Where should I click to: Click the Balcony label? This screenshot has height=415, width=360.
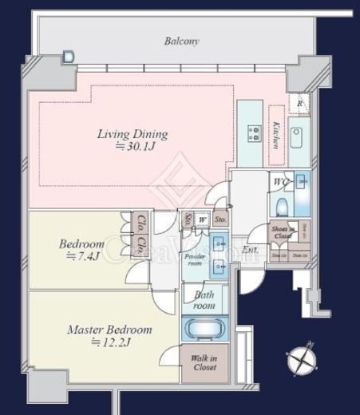pyautogui.click(x=181, y=41)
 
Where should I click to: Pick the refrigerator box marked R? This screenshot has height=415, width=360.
pyautogui.click(x=299, y=104)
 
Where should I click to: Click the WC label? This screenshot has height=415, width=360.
pyautogui.click(x=279, y=182)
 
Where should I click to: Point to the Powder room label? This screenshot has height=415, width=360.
pyautogui.click(x=196, y=260)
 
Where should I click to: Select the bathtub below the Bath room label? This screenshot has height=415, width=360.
pyautogui.click(x=204, y=329)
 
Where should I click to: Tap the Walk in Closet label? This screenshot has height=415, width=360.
pyautogui.click(x=204, y=363)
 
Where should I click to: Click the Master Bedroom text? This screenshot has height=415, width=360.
pyautogui.click(x=109, y=329)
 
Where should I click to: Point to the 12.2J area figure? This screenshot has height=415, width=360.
pyautogui.click(x=110, y=342)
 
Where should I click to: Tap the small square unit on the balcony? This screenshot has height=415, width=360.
pyautogui.click(x=68, y=57)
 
